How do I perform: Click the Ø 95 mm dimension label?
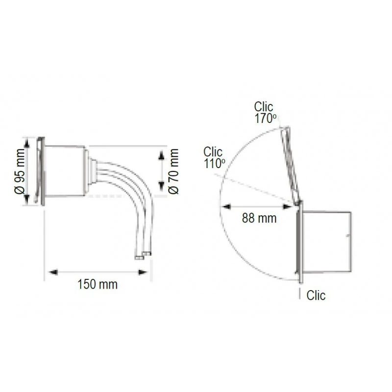tap(20, 171)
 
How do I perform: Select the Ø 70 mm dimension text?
tap(173, 171)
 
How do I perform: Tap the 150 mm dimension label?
tap(98, 285)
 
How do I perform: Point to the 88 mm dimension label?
tap(259, 218)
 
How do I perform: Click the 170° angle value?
tap(266, 119)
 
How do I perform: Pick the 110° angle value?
tap(215, 164)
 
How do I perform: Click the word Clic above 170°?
tap(264, 107)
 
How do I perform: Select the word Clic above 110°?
tap(213, 152)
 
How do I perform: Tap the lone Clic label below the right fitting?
tap(316, 295)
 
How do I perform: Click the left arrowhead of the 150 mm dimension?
tap(53, 272)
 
